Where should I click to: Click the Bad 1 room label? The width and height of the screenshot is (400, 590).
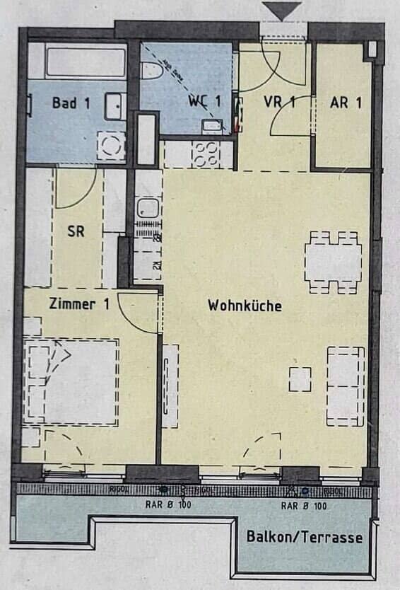71,103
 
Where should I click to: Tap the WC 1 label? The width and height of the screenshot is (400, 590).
204,101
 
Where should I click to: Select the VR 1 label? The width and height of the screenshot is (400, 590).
279,101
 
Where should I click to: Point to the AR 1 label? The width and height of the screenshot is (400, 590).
346,101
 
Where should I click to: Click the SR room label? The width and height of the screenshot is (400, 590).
76,231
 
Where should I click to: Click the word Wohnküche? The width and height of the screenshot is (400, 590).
245,306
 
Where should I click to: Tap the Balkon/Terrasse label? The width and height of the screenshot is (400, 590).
304,537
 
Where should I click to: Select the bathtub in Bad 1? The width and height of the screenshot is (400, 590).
86,63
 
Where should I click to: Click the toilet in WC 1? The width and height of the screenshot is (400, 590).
151,69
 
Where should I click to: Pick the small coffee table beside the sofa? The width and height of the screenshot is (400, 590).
300,378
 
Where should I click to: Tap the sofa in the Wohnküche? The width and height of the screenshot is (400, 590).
346,386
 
